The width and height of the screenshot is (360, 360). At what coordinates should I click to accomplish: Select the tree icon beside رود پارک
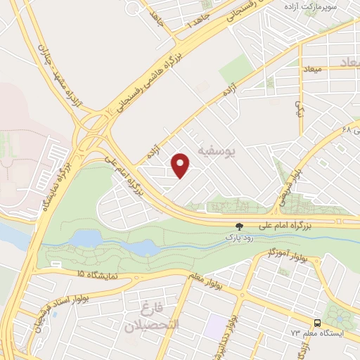pyautogui.click(x=239, y=226)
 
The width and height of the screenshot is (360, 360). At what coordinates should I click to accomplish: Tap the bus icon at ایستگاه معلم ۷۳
pyautogui.click(x=318, y=321)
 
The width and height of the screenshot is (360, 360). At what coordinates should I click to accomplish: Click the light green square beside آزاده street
pyautogui.click(x=236, y=69)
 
